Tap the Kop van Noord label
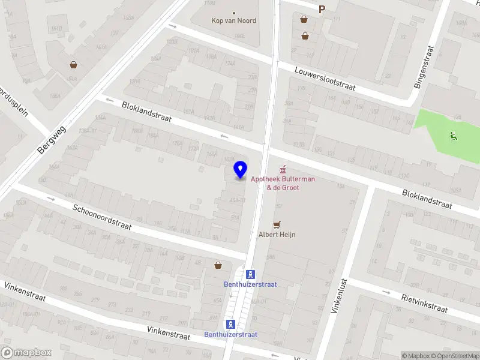234,20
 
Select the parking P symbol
322,9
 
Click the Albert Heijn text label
277,235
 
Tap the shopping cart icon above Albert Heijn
277,224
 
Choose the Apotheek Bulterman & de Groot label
283,183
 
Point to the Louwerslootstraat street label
325,79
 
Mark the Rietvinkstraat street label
424,303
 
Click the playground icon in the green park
454,136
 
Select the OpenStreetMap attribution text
456,356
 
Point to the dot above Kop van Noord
234,13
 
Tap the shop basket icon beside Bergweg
73,65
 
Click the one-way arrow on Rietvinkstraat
386,292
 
